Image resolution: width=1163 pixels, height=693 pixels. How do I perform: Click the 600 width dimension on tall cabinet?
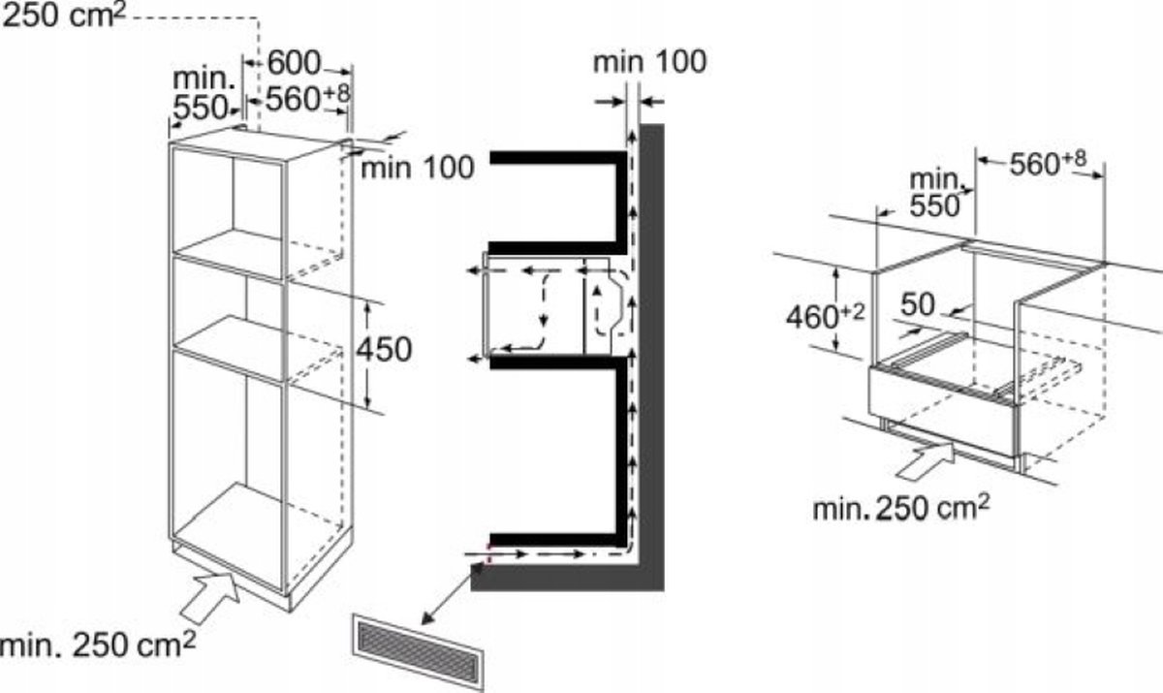(294, 63)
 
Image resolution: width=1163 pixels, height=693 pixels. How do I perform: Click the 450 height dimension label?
(383, 349)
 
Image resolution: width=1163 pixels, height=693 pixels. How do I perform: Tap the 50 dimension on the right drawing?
(916, 304)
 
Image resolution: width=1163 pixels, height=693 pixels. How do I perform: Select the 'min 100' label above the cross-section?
(649, 62)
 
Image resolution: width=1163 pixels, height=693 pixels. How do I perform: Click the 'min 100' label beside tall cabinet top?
(418, 168)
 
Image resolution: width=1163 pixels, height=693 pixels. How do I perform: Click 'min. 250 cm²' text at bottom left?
(98, 644)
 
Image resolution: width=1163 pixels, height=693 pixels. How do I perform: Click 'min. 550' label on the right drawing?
(934, 192)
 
